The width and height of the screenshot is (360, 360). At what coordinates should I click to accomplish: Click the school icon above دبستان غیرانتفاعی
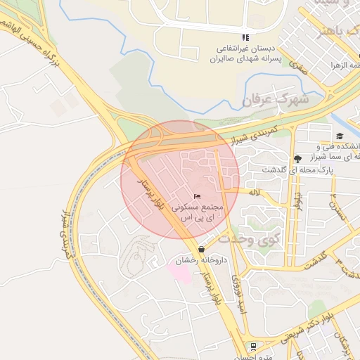click(245, 37)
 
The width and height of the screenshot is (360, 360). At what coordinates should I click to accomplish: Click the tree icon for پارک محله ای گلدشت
click(297, 158)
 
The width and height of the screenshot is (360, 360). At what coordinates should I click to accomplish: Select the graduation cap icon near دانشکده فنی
click(340, 136)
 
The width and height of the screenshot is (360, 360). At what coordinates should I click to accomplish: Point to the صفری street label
click(298, 69)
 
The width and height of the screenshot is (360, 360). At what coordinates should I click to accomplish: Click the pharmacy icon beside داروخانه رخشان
click(202, 249)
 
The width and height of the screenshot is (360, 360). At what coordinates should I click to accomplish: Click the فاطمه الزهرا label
click(343, 65)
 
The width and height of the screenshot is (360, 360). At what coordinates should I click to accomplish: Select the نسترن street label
click(341, 207)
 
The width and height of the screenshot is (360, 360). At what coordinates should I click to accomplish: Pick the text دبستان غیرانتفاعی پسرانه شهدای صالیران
click(246, 54)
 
